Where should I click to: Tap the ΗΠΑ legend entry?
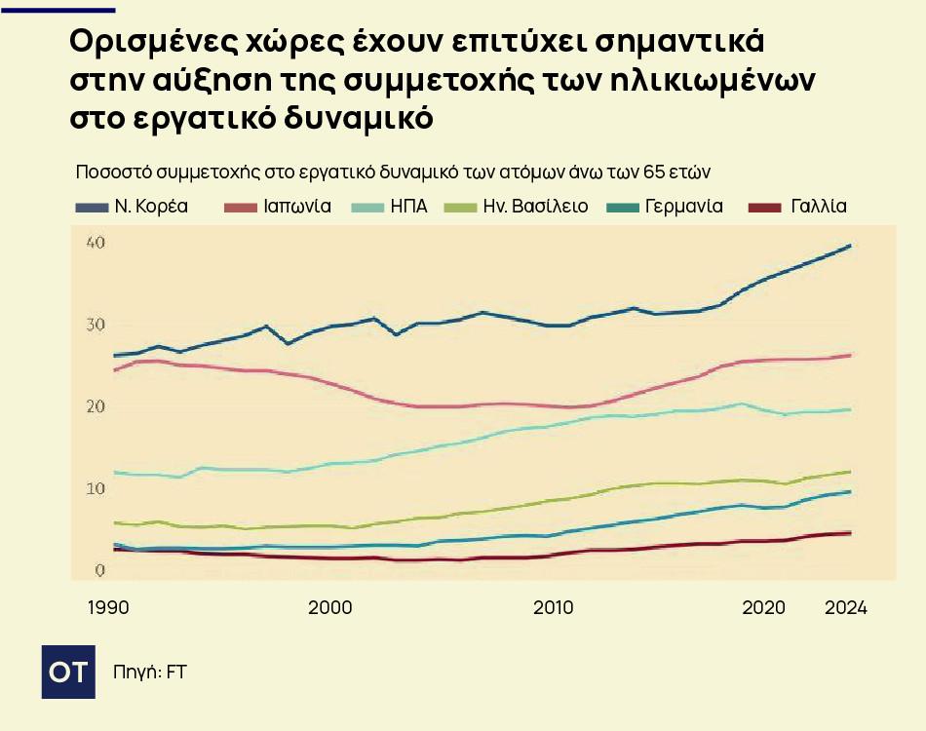[408, 207]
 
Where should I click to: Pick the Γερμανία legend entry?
[683, 207]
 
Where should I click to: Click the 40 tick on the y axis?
[95, 243]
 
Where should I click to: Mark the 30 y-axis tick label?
[95, 325]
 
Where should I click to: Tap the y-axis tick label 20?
[95, 406]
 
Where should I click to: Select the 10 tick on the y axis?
[95, 488]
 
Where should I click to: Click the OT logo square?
[68, 672]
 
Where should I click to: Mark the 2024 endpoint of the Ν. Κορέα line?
[851, 246]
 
